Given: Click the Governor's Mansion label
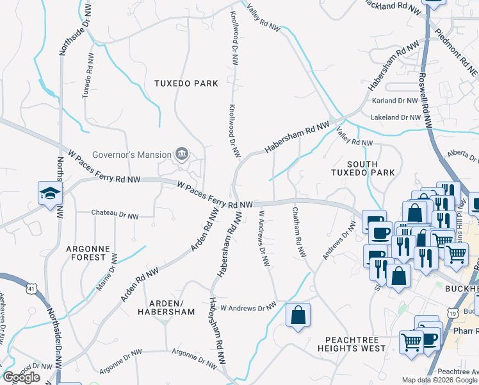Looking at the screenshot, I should click(131, 155).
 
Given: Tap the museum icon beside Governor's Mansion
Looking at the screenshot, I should click(183, 154).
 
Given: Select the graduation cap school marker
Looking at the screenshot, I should click(49, 193).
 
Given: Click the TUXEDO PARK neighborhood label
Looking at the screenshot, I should click(186, 83).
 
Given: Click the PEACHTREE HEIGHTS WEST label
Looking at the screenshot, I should click(355, 343).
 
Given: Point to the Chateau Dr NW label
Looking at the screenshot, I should click(115, 212).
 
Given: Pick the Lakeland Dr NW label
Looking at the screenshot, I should click(396, 117).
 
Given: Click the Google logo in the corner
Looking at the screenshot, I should click(21, 377).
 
